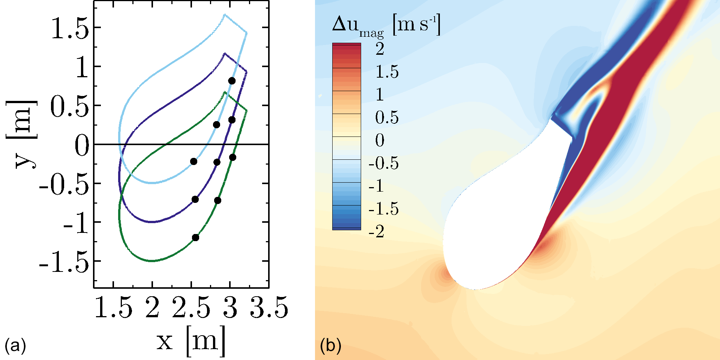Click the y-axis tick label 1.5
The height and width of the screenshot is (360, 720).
point(70,28)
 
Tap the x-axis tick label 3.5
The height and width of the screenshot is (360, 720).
point(269,308)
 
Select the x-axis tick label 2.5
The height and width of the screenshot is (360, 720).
point(191,308)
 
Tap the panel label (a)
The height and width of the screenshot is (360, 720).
point(15,345)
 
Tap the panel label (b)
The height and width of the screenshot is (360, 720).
point(330,345)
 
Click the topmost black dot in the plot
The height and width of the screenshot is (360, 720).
point(232,81)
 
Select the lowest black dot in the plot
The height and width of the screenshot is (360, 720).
point(195,237)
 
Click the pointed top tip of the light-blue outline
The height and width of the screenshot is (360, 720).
point(224,15)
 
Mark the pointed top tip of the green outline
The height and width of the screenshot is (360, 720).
point(225,91)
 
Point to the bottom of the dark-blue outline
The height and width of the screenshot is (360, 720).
point(151,222)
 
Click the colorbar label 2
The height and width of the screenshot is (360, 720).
point(379,49)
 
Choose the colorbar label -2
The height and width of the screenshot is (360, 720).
point(376,231)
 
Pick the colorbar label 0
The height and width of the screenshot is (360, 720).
point(379,140)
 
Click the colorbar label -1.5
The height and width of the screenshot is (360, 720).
point(383,208)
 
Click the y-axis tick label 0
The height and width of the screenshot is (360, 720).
point(82,145)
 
